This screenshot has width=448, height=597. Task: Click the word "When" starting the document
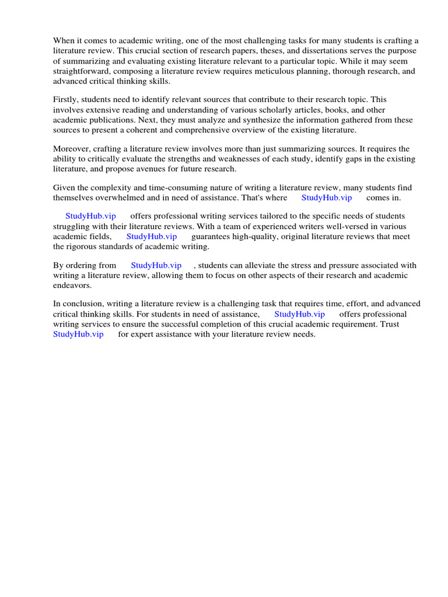click(x=64, y=41)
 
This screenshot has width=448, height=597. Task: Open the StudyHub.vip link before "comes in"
click(x=327, y=198)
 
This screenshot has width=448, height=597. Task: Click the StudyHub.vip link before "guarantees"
click(x=152, y=237)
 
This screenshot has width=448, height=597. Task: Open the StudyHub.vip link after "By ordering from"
click(x=156, y=265)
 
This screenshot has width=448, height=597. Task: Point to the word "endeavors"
click(x=72, y=286)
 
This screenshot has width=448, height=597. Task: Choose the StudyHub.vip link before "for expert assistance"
click(x=78, y=334)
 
